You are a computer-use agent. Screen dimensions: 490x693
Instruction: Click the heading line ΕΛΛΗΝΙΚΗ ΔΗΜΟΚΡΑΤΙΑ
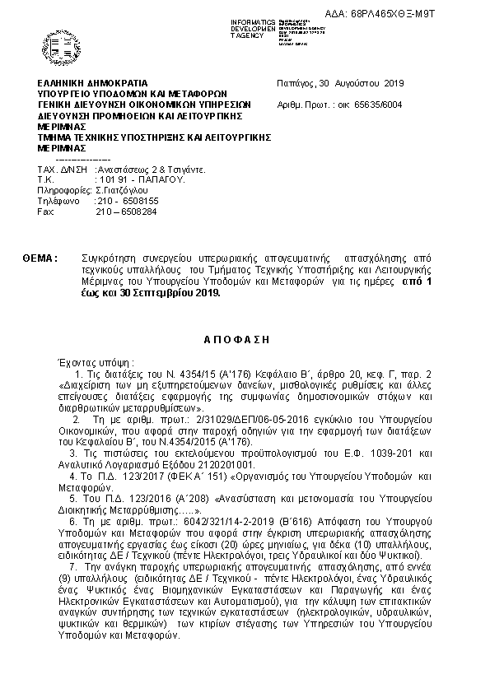coord(92,83)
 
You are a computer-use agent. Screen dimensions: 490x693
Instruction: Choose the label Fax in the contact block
coord(45,212)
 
